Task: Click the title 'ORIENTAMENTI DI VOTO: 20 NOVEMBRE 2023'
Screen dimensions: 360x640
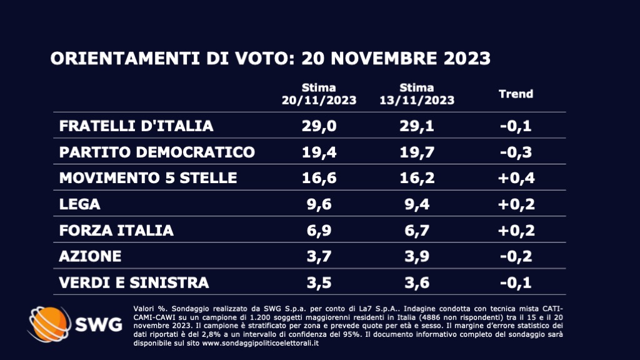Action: pos(270,59)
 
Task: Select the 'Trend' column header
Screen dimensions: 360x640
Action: pos(516,94)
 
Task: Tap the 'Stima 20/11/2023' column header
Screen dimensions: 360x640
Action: pos(319,94)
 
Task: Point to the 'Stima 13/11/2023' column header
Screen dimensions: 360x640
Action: pos(417,94)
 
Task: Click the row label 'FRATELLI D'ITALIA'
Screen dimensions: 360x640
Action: pos(136,126)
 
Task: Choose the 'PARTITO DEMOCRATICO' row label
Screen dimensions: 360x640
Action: pos(157,152)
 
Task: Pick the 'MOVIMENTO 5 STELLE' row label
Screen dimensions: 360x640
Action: pos(148,178)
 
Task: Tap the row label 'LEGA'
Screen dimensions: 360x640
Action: pos(79,204)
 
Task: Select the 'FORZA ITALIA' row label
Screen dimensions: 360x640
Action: pos(116,231)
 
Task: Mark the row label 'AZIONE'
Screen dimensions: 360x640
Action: pos(90,256)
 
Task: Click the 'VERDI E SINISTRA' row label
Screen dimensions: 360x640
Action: pos(134,282)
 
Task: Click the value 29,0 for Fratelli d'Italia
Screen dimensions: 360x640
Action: pos(319,126)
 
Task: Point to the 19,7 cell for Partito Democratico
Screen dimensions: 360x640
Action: pos(417,152)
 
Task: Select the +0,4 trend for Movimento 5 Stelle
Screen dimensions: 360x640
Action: pos(517,178)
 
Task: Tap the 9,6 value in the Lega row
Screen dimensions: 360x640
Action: pos(319,204)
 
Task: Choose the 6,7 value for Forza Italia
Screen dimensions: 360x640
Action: pos(417,231)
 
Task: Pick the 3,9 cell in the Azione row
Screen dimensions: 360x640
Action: pos(417,256)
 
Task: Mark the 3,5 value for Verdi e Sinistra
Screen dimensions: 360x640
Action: pos(319,282)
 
